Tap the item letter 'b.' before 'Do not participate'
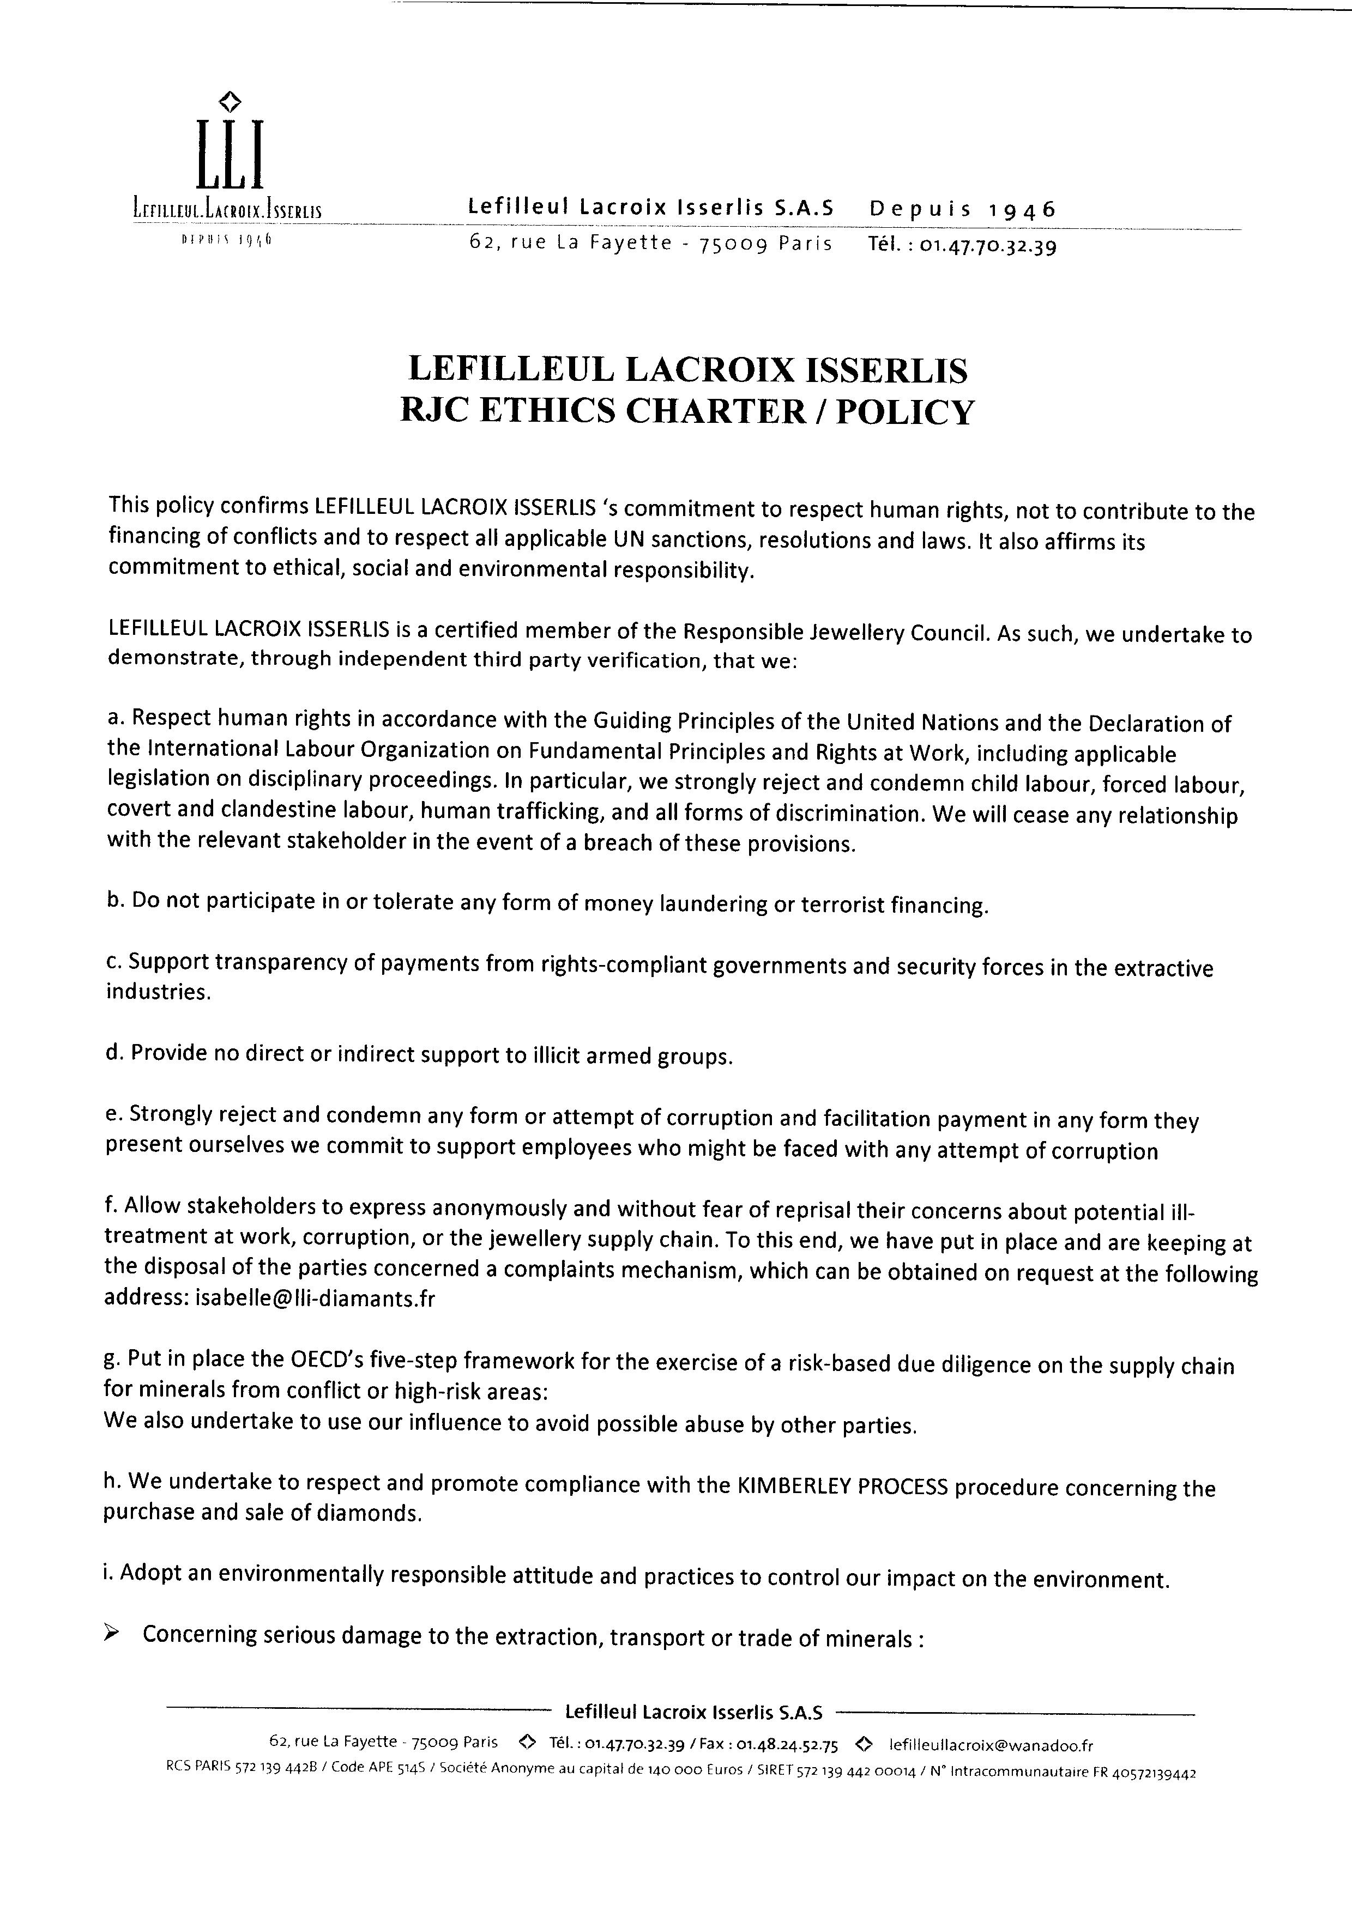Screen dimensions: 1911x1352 pos(115,901)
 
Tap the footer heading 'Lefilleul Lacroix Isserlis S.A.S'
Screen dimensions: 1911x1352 pos(693,1712)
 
